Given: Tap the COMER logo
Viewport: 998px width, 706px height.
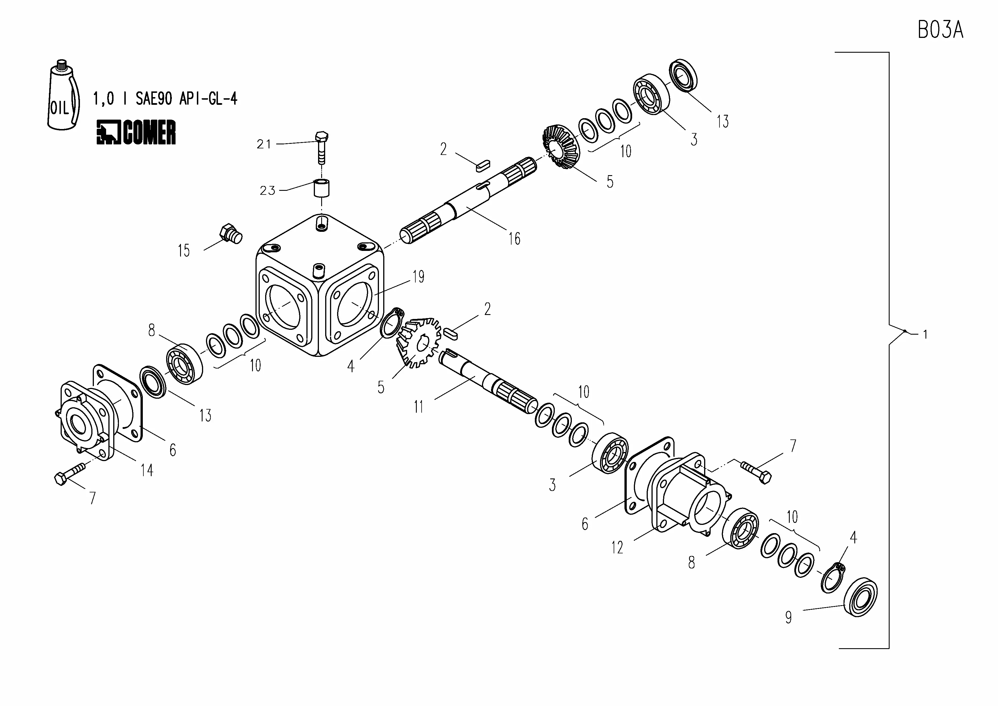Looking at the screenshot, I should [136, 132].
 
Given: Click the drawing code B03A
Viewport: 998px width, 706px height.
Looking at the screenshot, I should [940, 30].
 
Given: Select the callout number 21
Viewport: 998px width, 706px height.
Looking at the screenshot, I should [264, 144].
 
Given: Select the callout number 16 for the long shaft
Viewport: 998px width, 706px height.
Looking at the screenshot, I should [514, 238].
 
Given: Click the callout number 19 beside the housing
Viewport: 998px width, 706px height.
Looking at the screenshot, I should [418, 277].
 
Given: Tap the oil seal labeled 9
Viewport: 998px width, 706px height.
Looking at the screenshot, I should [860, 597].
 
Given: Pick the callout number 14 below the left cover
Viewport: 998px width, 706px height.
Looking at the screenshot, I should [147, 470].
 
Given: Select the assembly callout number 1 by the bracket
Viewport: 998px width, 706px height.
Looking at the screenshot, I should [925, 335].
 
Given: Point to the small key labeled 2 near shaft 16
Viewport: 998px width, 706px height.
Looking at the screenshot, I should [482, 165].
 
